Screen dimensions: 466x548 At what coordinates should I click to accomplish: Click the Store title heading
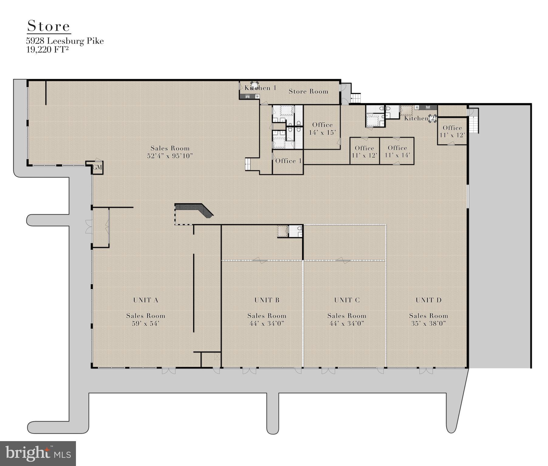49,26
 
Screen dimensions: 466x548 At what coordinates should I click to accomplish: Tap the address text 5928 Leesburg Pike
65,41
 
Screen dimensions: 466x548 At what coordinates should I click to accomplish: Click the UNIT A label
146,300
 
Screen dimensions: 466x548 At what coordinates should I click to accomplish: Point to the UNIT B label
267,300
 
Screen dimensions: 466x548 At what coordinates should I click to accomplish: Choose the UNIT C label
347,300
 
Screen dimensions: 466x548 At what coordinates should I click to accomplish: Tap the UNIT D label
429,300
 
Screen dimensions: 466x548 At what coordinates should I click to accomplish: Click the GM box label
97,168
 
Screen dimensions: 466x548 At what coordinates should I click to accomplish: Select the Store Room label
308,91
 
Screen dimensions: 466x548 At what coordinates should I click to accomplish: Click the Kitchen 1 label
261,88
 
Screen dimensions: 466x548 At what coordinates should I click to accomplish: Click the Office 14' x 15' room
322,128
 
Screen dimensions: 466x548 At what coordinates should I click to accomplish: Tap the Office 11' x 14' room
397,151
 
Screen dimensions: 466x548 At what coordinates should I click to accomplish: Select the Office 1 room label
288,161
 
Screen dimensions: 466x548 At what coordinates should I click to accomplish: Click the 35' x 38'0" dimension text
429,323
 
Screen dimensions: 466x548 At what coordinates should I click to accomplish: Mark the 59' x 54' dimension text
146,323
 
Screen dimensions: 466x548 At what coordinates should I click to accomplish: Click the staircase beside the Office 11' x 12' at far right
474,125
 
